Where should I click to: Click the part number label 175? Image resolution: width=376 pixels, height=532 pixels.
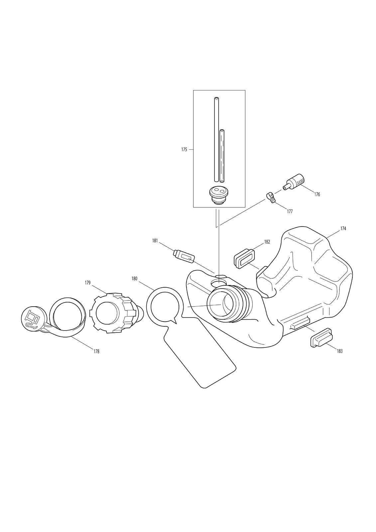point(184,150)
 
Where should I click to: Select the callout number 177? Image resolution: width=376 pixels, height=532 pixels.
point(290,211)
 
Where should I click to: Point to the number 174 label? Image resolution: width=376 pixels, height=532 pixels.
point(343,228)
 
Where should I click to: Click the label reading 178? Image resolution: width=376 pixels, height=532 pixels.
point(96,351)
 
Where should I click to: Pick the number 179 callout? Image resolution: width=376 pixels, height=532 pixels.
point(88,283)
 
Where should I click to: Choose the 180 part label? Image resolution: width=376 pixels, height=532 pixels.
point(134,279)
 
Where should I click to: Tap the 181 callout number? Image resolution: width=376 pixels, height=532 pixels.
point(155,241)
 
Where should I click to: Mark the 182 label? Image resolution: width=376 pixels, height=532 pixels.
point(267,242)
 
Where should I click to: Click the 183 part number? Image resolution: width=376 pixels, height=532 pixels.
point(340,351)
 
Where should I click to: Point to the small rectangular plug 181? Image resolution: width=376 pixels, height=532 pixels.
point(184,256)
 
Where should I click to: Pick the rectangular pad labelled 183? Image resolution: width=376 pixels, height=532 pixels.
point(321,338)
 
